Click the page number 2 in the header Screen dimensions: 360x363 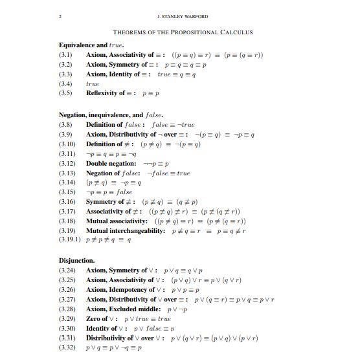[60, 16]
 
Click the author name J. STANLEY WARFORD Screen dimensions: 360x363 [183, 16]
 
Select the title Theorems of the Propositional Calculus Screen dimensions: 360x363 [183, 32]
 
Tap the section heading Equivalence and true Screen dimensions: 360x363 [91, 45]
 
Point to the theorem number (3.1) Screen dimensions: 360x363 [65, 55]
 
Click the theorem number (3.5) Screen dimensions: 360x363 [65, 93]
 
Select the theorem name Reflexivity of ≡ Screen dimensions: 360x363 [113, 93]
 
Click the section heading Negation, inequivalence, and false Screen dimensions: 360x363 [111, 115]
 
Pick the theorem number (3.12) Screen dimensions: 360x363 [67, 164]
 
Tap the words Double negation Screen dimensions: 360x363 [111, 164]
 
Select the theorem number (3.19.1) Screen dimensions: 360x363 [70, 240]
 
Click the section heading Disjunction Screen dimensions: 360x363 [77, 261]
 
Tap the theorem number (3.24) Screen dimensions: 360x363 [67, 270]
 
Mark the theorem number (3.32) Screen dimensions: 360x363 [67, 347]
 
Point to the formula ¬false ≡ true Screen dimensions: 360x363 [169, 173]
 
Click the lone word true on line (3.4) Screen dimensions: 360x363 [93, 84]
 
